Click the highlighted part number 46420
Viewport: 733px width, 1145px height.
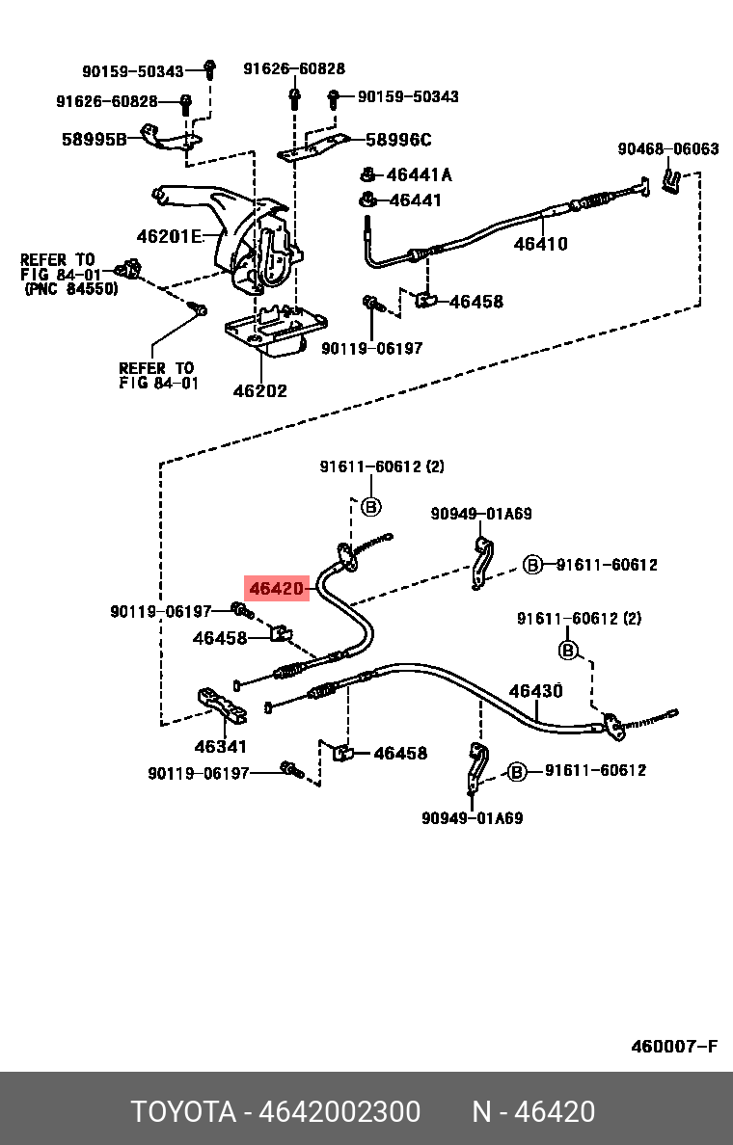(x=276, y=588)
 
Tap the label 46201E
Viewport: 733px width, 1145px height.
(x=169, y=236)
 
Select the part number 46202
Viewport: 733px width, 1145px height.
(x=260, y=390)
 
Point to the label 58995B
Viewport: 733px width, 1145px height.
(x=95, y=139)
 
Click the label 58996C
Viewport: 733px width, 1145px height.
(x=398, y=140)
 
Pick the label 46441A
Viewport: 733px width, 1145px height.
(x=419, y=174)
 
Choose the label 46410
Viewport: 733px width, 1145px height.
(x=541, y=243)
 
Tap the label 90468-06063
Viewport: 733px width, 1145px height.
(x=668, y=149)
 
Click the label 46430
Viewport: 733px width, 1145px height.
(x=535, y=691)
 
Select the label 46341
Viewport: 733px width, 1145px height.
(x=221, y=746)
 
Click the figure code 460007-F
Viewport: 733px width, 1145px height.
(x=674, y=1047)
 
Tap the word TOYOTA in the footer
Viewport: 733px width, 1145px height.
(x=183, y=1112)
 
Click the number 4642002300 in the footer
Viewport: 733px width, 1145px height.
(x=339, y=1112)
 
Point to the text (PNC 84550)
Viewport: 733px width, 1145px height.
(x=70, y=289)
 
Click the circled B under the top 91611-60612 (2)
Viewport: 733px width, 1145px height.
(x=371, y=505)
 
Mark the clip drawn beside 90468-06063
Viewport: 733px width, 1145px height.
(x=671, y=180)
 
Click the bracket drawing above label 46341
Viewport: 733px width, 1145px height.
(x=221, y=706)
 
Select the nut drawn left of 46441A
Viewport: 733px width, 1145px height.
(x=368, y=174)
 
